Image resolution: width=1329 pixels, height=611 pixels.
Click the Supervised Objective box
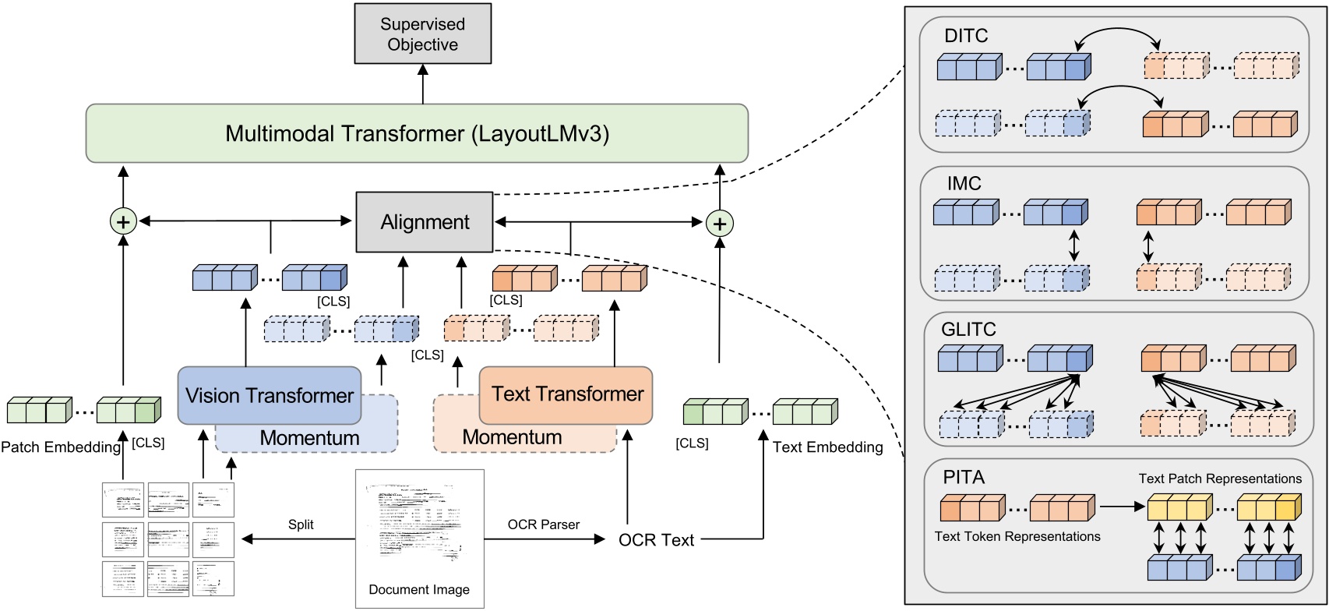tap(422, 34)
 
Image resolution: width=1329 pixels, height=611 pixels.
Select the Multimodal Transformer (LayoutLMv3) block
tap(417, 134)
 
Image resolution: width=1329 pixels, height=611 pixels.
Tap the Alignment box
tap(425, 222)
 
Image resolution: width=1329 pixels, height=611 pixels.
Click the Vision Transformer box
tap(270, 396)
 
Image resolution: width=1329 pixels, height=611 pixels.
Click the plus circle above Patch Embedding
tap(123, 222)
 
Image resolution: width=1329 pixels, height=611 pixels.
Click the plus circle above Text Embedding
tap(719, 224)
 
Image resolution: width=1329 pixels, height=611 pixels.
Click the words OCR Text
tap(656, 540)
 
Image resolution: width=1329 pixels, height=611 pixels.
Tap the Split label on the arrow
tap(301, 524)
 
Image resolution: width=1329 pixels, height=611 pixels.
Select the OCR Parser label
tap(543, 524)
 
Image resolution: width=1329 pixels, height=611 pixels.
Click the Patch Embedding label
tap(61, 447)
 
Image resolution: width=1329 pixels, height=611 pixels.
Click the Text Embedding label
tap(827, 447)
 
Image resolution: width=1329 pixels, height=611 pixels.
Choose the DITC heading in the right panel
tap(965, 36)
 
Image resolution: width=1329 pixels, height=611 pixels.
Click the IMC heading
tap(964, 184)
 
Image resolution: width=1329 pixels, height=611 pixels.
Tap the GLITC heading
tap(968, 330)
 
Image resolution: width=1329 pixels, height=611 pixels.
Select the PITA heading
tap(964, 477)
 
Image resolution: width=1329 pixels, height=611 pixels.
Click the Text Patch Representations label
tap(1220, 479)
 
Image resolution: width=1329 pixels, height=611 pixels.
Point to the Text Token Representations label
tap(1017, 536)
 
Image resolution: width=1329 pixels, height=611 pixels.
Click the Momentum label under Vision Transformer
tap(309, 438)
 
